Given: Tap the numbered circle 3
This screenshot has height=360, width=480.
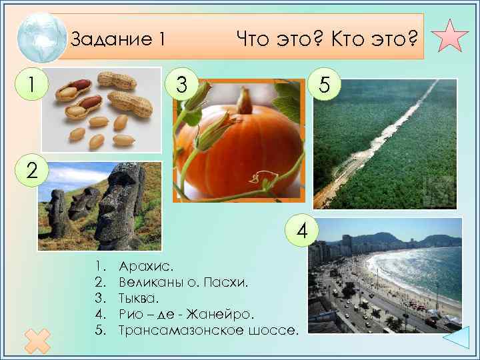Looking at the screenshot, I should pos(181,84).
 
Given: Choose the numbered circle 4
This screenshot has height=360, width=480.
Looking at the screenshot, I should pos(302,231).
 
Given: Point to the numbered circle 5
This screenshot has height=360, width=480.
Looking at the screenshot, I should pos(324,84).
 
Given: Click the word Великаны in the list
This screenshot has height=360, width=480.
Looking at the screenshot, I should pos(147,283).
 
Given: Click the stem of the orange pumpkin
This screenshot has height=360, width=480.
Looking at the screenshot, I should pos(246,101).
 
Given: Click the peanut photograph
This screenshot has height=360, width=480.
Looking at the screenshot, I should pos(101,109).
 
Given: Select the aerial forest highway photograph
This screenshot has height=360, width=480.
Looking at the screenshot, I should pos(385,143).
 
